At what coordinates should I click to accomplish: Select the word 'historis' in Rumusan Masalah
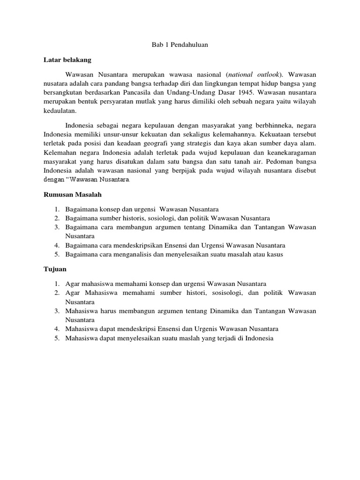136,218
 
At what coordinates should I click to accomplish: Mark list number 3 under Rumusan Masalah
56,227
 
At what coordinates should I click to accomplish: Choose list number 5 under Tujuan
56,338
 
